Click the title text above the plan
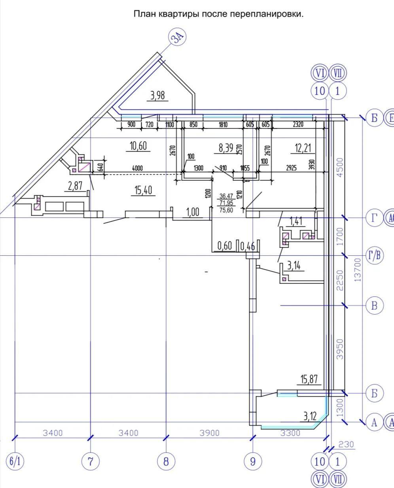(x=218, y=14)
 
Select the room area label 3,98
(x=158, y=96)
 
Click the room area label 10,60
(x=138, y=146)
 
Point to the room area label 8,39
(x=226, y=148)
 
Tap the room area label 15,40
(x=143, y=190)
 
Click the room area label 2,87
(x=75, y=186)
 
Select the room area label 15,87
(x=309, y=379)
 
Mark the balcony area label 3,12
(x=310, y=416)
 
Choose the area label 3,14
(x=294, y=266)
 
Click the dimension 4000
(x=137, y=168)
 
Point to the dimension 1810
(x=223, y=124)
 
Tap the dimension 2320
(x=298, y=124)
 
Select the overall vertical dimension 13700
(x=358, y=270)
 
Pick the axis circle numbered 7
(x=90, y=461)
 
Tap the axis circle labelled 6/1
(x=15, y=461)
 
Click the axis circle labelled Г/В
(x=374, y=256)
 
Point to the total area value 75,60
(x=226, y=210)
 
